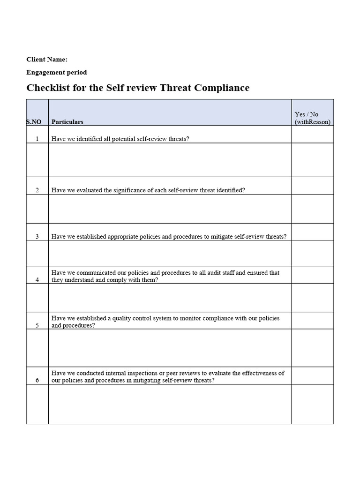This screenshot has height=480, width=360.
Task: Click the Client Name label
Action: tap(47, 60)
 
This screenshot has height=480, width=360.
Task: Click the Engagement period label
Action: tap(57, 72)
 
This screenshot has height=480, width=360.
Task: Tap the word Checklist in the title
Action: tap(48, 88)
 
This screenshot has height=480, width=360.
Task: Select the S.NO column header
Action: tap(34, 122)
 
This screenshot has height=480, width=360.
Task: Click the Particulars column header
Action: tap(67, 122)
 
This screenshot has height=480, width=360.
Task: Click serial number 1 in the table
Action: tap(37, 139)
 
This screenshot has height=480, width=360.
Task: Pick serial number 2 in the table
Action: tap(37, 190)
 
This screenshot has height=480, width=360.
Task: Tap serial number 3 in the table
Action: tap(37, 237)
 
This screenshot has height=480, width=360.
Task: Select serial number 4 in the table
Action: tap(37, 280)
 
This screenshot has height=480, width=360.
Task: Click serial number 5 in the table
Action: tap(37, 326)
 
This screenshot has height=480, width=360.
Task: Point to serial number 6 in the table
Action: tap(37, 381)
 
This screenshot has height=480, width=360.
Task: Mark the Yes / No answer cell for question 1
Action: tap(312, 135)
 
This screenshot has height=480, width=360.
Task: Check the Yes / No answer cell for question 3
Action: tap(312, 232)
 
